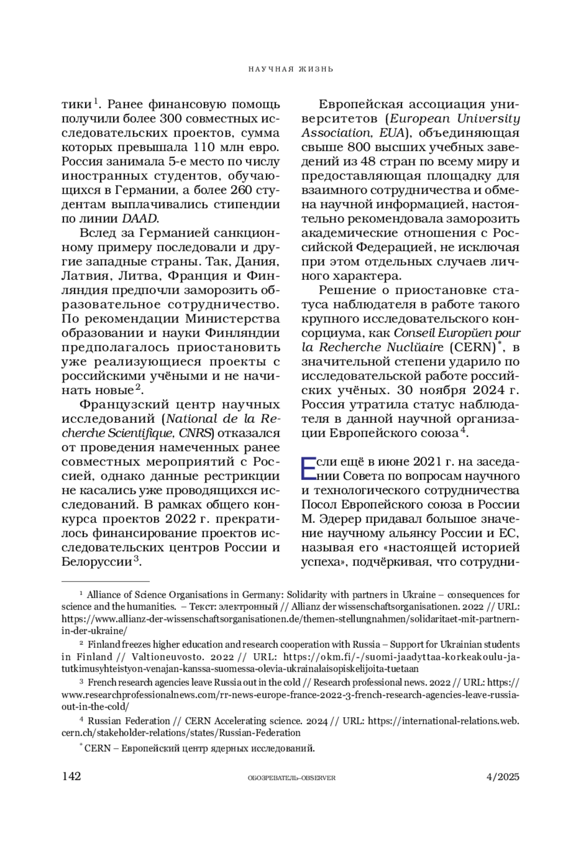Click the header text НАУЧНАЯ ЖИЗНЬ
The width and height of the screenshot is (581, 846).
pyautogui.click(x=290, y=69)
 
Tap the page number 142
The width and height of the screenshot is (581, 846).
pyautogui.click(x=71, y=776)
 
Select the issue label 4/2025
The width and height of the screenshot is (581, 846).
pyautogui.click(x=503, y=777)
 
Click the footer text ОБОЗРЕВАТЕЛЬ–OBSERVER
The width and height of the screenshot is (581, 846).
pyautogui.click(x=291, y=778)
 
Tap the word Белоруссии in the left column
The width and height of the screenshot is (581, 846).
pyautogui.click(x=96, y=562)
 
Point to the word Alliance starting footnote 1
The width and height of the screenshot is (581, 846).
pyautogui.click(x=104, y=595)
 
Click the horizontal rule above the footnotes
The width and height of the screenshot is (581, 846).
pyautogui.click(x=106, y=580)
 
